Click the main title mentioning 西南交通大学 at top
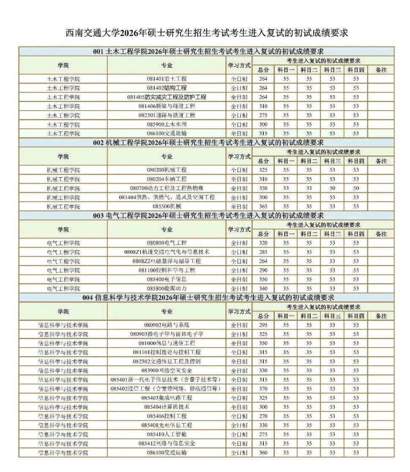[207, 33]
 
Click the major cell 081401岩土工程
[167, 79]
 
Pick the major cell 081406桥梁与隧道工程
[167, 106]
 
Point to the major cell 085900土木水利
[167, 124]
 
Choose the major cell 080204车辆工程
[167, 179]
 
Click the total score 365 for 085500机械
[263, 206]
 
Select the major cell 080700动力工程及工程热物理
[167, 188]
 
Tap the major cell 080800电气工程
[167, 243]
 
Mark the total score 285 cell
[263, 252]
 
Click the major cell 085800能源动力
[167, 288]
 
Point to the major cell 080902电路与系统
[167, 325]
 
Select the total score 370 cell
[263, 389]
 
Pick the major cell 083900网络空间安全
[167, 370]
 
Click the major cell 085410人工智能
[167, 434]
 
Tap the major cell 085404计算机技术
[167, 407]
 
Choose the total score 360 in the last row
[263, 453]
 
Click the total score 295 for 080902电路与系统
[263, 325]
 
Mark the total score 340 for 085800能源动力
[263, 288]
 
